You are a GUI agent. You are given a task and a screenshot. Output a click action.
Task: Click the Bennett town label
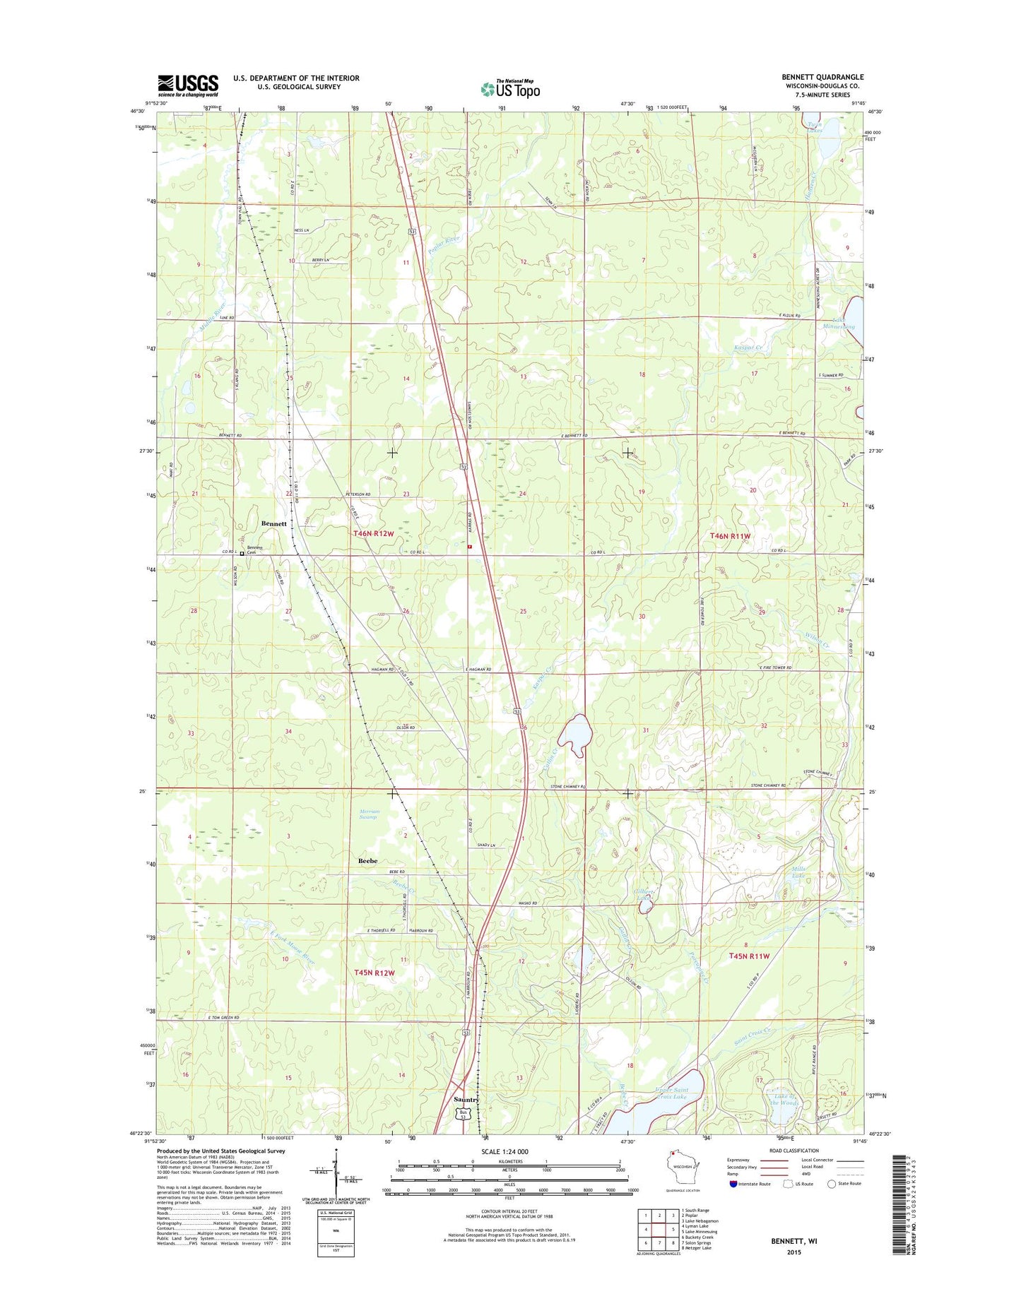(x=274, y=523)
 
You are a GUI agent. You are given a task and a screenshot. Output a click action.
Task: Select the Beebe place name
(x=367, y=861)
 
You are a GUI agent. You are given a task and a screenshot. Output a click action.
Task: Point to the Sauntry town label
(x=466, y=1100)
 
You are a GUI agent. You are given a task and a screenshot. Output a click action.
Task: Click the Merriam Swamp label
(x=368, y=814)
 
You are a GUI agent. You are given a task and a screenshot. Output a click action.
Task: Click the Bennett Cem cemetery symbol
(x=242, y=554)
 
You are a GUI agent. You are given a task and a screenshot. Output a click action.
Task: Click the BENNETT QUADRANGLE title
(x=822, y=77)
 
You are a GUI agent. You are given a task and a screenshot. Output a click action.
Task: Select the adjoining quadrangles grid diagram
(x=658, y=1230)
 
